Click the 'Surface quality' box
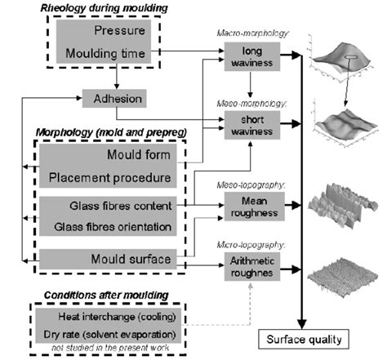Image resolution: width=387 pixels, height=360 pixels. [298, 337]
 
